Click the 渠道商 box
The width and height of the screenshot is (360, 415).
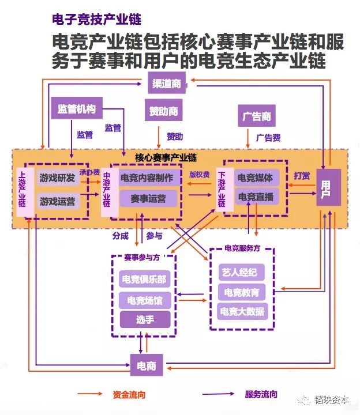click(x=167, y=83)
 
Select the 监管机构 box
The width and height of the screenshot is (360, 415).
click(x=77, y=108)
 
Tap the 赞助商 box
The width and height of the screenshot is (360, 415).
click(x=163, y=110)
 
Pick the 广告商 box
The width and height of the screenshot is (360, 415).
click(x=256, y=116)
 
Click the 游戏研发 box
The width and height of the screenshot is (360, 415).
click(x=58, y=178)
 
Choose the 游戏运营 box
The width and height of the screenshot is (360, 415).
click(x=58, y=201)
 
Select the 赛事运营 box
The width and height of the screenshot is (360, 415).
click(x=148, y=198)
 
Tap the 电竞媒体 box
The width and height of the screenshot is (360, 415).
click(x=256, y=178)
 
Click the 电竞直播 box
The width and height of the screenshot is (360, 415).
click(x=256, y=197)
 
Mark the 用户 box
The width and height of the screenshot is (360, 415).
click(x=328, y=187)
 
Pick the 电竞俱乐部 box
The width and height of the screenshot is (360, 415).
click(x=144, y=279)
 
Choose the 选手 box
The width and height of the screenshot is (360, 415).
click(x=145, y=319)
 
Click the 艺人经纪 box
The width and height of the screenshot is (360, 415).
click(x=241, y=272)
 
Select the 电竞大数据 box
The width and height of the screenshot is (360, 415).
click(x=242, y=311)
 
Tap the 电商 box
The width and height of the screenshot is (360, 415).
click(x=147, y=365)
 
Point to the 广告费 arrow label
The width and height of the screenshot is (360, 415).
click(x=268, y=138)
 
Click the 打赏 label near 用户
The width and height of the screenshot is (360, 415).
click(x=302, y=175)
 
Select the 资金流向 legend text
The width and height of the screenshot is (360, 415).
click(x=129, y=395)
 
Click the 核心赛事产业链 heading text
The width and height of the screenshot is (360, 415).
click(x=166, y=158)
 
